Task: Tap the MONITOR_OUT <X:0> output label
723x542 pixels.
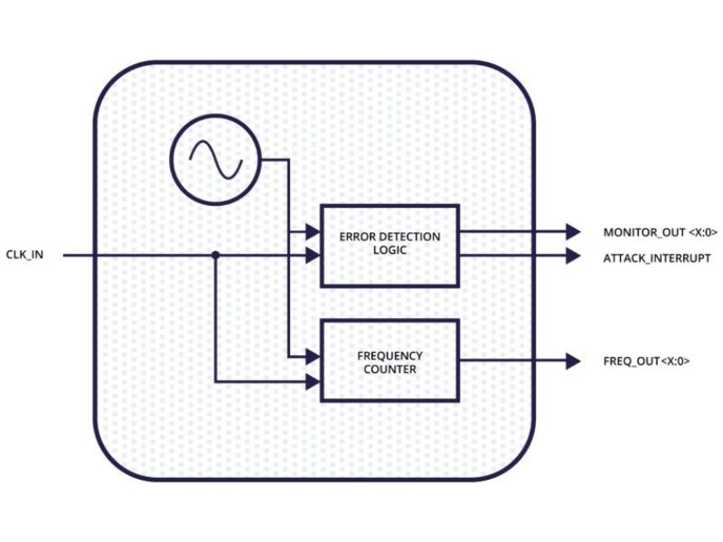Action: tap(660, 232)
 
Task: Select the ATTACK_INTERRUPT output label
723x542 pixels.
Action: tap(656, 257)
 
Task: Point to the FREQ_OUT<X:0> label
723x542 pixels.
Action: tap(646, 361)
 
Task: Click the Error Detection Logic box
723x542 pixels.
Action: tap(390, 245)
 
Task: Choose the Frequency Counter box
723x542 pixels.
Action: tap(390, 360)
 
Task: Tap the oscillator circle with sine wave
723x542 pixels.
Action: tap(215, 161)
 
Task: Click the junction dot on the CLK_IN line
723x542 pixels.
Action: tap(215, 256)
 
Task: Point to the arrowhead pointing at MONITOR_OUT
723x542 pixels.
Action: tap(572, 232)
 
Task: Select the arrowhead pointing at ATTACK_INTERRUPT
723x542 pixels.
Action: tap(572, 257)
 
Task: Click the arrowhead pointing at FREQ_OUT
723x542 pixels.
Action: tap(572, 361)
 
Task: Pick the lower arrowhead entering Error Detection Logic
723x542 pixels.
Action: tap(313, 256)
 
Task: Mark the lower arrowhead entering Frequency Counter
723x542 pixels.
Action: tap(313, 381)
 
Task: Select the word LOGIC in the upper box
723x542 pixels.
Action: tap(390, 250)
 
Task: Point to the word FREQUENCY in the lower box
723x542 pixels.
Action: tap(390, 355)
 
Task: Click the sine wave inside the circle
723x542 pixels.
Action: tap(215, 161)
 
